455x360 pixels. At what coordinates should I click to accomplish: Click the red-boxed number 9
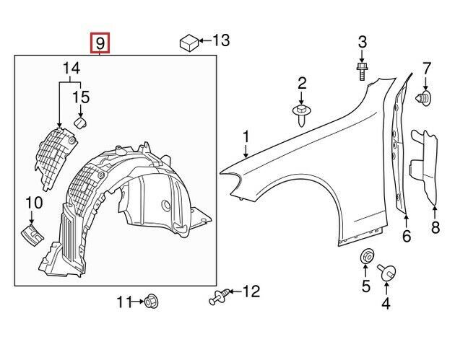coord(100,43)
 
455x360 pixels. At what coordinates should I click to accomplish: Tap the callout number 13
coord(220,40)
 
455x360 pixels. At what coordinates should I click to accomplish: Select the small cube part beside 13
coord(188,43)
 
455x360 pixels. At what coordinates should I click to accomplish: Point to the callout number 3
coord(363,41)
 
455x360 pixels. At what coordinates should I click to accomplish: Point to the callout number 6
coord(406,235)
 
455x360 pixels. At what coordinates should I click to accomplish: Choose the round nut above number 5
coord(366,257)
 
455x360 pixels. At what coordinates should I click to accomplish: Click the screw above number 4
coord(386,273)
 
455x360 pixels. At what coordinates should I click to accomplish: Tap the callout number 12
coord(251,291)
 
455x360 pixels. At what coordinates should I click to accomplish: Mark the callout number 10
coord(34,204)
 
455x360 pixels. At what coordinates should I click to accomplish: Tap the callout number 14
coord(70,69)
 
